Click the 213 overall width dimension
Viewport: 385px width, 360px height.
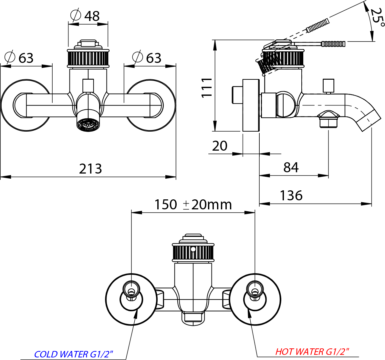[90, 169]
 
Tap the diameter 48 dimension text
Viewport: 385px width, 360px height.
[85, 16]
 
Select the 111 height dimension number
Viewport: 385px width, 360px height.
[206, 87]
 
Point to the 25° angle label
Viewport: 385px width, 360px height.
[377, 18]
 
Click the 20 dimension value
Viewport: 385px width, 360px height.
[220, 146]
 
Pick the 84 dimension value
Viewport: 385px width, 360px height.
[291, 167]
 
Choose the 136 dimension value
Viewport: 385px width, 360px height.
[291, 195]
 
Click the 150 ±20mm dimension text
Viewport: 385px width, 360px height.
[193, 205]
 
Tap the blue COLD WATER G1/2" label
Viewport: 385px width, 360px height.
[73, 354]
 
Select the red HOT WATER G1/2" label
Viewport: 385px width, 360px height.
[312, 352]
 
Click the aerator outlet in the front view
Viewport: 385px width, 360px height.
[88, 124]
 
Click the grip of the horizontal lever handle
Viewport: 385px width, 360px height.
[333, 44]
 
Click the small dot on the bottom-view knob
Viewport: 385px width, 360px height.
[193, 249]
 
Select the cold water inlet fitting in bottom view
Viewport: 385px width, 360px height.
[131, 291]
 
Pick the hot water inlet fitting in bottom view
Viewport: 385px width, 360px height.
[255, 291]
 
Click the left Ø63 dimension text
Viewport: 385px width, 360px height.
[19, 58]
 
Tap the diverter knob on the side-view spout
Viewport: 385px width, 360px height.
[328, 86]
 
